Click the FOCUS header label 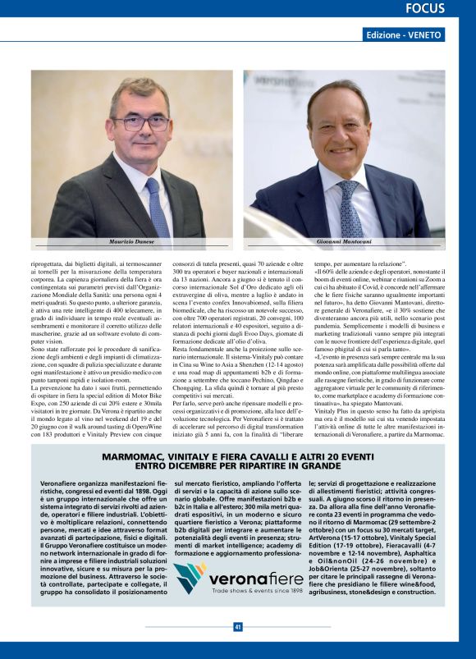(425, 9)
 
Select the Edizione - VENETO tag (405, 35)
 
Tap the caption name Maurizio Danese (130, 242)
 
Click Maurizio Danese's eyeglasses (140, 123)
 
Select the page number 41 (238, 627)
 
